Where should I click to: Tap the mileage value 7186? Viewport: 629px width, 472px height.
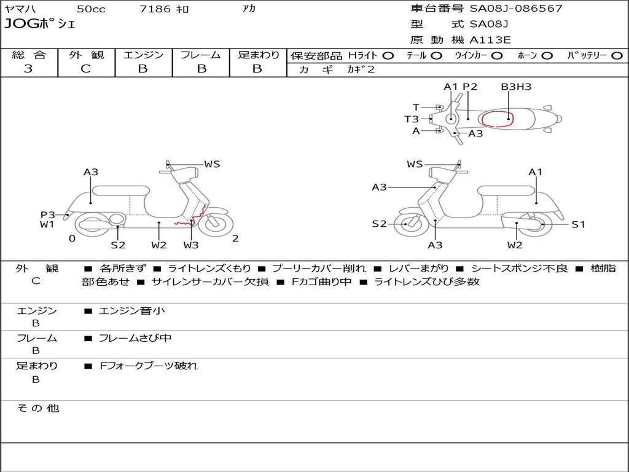click(x=155, y=9)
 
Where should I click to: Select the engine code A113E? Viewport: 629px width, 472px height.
click(x=490, y=41)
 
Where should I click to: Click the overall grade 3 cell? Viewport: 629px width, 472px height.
click(x=28, y=69)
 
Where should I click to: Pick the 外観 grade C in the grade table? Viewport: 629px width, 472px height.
click(x=86, y=69)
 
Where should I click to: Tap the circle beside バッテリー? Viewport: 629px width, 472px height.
click(x=617, y=55)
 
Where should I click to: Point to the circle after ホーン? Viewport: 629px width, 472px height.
click(x=547, y=55)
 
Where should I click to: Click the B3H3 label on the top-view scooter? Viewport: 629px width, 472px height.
click(x=516, y=87)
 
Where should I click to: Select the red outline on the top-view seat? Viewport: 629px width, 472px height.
click(x=498, y=119)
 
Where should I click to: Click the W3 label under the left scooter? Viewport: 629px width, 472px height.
click(x=191, y=245)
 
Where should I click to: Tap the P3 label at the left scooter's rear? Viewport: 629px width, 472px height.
click(x=48, y=214)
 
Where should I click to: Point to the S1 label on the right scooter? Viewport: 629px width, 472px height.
click(x=578, y=224)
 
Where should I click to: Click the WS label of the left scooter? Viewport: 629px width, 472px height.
click(x=212, y=164)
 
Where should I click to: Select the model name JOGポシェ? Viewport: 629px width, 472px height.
click(x=40, y=25)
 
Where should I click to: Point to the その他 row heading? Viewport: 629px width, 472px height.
click(x=38, y=408)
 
